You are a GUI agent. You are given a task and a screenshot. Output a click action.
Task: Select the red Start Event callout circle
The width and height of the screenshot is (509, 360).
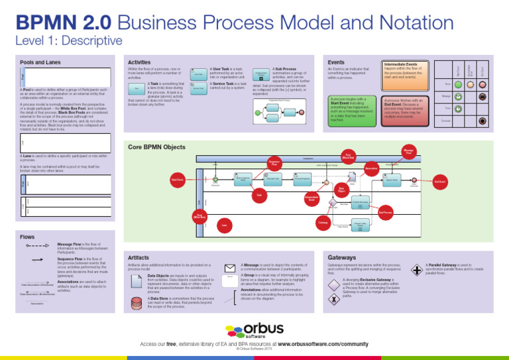tap(177, 180)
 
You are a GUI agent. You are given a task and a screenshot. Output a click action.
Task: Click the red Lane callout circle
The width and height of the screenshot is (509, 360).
tap(225, 226)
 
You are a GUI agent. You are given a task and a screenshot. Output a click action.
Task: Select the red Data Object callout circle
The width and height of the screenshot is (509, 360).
tap(341, 190)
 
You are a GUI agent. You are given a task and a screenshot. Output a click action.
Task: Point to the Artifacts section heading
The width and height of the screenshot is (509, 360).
tap(138, 256)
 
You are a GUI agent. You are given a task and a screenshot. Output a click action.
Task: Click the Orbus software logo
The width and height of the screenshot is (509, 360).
tap(254, 331)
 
